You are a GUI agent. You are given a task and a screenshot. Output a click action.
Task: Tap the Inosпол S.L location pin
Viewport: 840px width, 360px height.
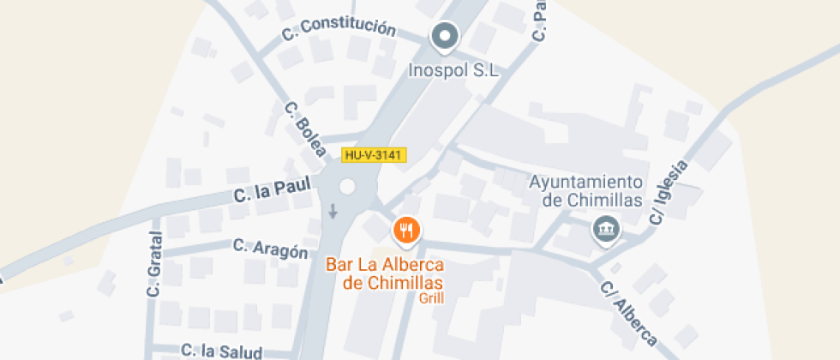pyautogui.click(x=444, y=37)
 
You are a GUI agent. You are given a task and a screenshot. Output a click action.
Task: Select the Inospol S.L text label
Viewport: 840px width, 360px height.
pyautogui.click(x=454, y=72)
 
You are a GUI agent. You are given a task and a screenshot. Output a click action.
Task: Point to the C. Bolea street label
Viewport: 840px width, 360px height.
pyautogui.click(x=306, y=129)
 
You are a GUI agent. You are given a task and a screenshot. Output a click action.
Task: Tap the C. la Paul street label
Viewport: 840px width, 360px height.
pyautogui.click(x=273, y=189)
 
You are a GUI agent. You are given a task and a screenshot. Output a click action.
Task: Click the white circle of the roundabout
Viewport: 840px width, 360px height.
pyautogui.click(x=347, y=187)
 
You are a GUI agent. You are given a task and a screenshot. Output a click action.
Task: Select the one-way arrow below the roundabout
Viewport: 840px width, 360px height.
pyautogui.click(x=333, y=211)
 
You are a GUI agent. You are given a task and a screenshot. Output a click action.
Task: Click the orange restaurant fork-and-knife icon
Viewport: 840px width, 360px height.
pyautogui.click(x=405, y=230)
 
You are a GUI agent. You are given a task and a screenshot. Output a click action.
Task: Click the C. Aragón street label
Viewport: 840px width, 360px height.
pyautogui.click(x=270, y=249)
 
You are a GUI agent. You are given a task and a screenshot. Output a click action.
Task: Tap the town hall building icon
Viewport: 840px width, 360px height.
pyautogui.click(x=606, y=229)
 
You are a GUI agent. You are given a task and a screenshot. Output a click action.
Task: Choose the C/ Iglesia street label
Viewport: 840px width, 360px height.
pyautogui.click(x=669, y=192)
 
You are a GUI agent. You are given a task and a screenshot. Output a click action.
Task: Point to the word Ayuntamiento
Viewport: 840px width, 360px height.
pyautogui.click(x=585, y=182)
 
